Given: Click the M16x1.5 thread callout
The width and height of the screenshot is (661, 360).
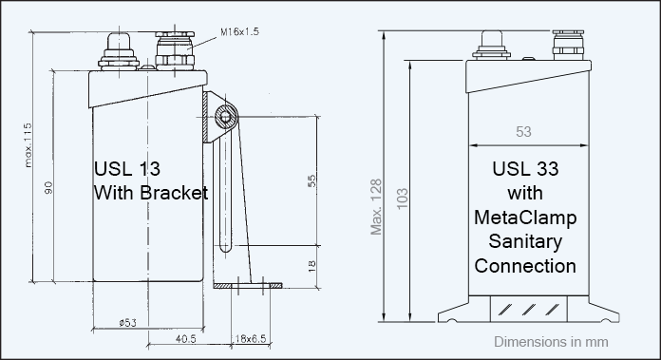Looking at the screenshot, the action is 239,31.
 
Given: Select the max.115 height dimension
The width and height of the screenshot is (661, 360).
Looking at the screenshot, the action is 28,145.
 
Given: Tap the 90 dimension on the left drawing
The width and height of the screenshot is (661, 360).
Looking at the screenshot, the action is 48,187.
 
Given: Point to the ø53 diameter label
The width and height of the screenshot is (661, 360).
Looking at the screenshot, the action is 127,323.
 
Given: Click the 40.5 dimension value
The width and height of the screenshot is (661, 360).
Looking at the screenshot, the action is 185,339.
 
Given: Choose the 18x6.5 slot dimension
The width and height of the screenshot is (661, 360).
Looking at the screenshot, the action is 251,339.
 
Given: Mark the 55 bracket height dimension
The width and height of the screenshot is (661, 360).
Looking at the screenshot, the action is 312,181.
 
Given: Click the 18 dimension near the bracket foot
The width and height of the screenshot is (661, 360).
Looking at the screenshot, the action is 312,266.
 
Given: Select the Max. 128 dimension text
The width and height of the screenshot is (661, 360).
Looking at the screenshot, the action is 376,207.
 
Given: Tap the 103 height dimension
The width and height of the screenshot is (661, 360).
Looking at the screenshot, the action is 403,199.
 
